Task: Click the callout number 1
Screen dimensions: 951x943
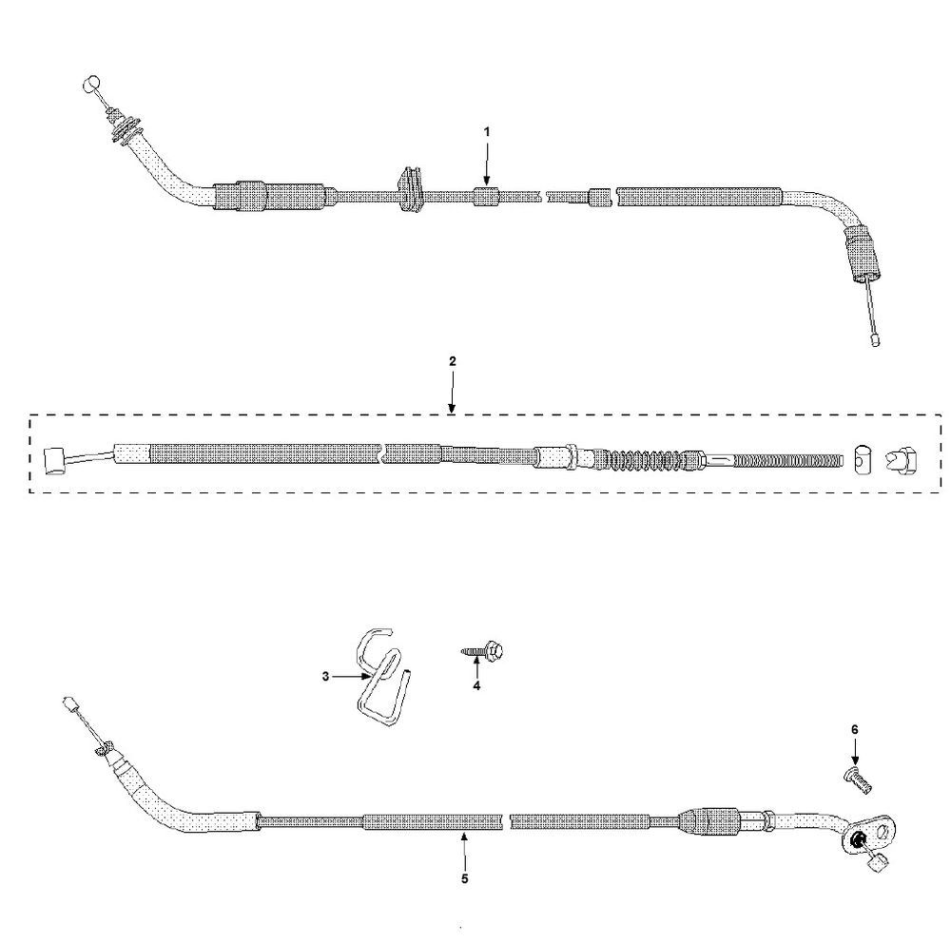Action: pos(486,131)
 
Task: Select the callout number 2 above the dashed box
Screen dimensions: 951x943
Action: pos(453,361)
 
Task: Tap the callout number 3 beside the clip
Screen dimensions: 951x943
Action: pos(325,676)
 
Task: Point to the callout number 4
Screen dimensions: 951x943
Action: pos(476,686)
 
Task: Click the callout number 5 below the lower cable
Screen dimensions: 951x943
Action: pos(465,878)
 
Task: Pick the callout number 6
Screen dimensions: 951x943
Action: pos(855,730)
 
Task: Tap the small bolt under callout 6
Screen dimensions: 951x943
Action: pos(858,779)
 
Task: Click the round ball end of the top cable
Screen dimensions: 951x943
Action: pos(90,83)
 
